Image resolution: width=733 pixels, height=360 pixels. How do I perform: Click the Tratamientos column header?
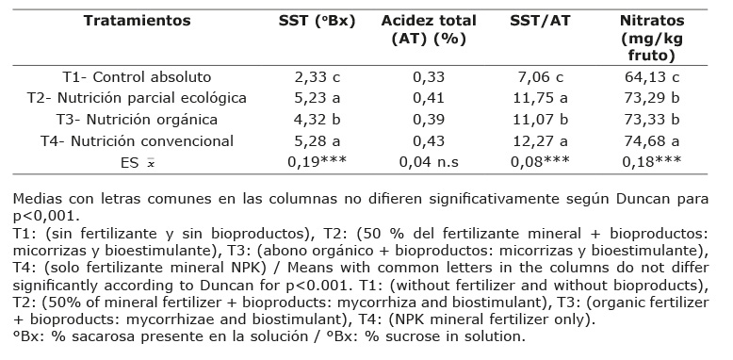pyautogui.click(x=137, y=21)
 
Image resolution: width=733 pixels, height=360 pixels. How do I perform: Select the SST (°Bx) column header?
pyautogui.click(x=317, y=22)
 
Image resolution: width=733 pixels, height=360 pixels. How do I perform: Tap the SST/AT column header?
pyautogui.click(x=540, y=22)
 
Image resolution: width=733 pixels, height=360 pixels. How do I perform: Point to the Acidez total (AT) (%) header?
pyautogui.click(x=429, y=30)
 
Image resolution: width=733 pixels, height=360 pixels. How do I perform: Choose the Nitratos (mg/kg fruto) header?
pyautogui.click(x=652, y=39)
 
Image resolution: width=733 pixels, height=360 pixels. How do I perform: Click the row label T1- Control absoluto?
pyautogui.click(x=137, y=77)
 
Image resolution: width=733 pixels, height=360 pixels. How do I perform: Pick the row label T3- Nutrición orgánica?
pyautogui.click(x=137, y=120)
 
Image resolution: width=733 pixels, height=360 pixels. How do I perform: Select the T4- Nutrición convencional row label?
pyautogui.click(x=137, y=141)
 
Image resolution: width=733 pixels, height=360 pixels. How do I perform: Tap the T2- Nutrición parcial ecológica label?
pyautogui.click(x=137, y=98)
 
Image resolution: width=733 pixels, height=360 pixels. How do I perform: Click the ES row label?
pyautogui.click(x=137, y=163)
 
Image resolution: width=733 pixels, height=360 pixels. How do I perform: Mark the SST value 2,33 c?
pyautogui.click(x=318, y=77)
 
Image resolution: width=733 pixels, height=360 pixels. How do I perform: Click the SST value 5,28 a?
pyautogui.click(x=318, y=141)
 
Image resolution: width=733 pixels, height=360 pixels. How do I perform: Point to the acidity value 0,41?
pyautogui.click(x=429, y=99)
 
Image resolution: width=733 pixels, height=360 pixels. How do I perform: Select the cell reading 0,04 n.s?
pyautogui.click(x=429, y=162)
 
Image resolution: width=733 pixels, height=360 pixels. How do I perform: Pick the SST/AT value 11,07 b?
pyautogui.click(x=540, y=120)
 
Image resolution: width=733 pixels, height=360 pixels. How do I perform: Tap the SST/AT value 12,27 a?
pyautogui.click(x=540, y=141)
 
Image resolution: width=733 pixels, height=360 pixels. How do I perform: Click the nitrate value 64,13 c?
pyautogui.click(x=652, y=77)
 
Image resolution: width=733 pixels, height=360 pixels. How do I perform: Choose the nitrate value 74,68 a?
pyautogui.click(x=652, y=141)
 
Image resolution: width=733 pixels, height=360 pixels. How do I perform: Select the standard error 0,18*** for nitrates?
pyautogui.click(x=652, y=162)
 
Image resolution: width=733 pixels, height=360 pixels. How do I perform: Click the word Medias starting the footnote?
pyautogui.click(x=37, y=199)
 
